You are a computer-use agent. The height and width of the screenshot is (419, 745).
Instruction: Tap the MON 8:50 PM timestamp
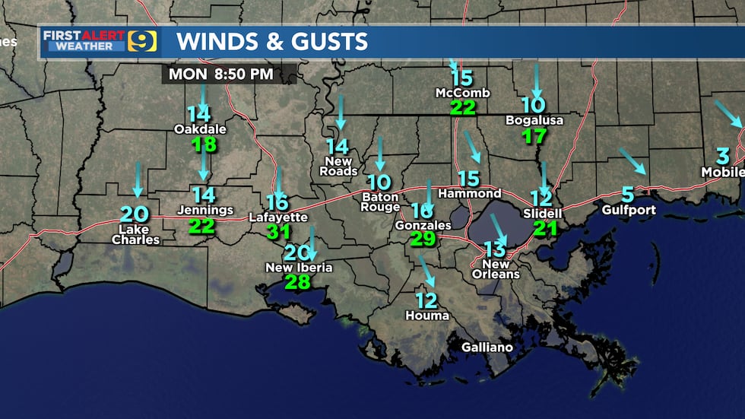pyautogui.click(x=221, y=75)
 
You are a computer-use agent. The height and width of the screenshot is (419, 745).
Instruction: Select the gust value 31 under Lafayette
pyautogui.click(x=279, y=232)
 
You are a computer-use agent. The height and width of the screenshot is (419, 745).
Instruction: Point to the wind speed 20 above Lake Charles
pyautogui.click(x=135, y=214)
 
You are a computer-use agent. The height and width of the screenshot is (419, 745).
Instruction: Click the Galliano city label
pyautogui.click(x=487, y=348)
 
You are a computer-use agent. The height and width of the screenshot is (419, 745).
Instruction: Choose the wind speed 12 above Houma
pyautogui.click(x=426, y=300)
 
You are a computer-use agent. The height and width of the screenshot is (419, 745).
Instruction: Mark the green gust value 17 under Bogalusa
pyautogui.click(x=535, y=137)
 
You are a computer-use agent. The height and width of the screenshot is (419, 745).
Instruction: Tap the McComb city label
pyautogui.click(x=462, y=93)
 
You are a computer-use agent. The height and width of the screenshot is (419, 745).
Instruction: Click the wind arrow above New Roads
pyautogui.click(x=340, y=113)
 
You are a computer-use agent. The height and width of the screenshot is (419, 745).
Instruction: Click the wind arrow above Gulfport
pyautogui.click(x=632, y=161)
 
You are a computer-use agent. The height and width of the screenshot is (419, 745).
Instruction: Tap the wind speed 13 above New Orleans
pyautogui.click(x=495, y=249)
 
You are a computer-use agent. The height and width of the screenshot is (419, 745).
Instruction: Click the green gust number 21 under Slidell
pyautogui.click(x=545, y=227)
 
